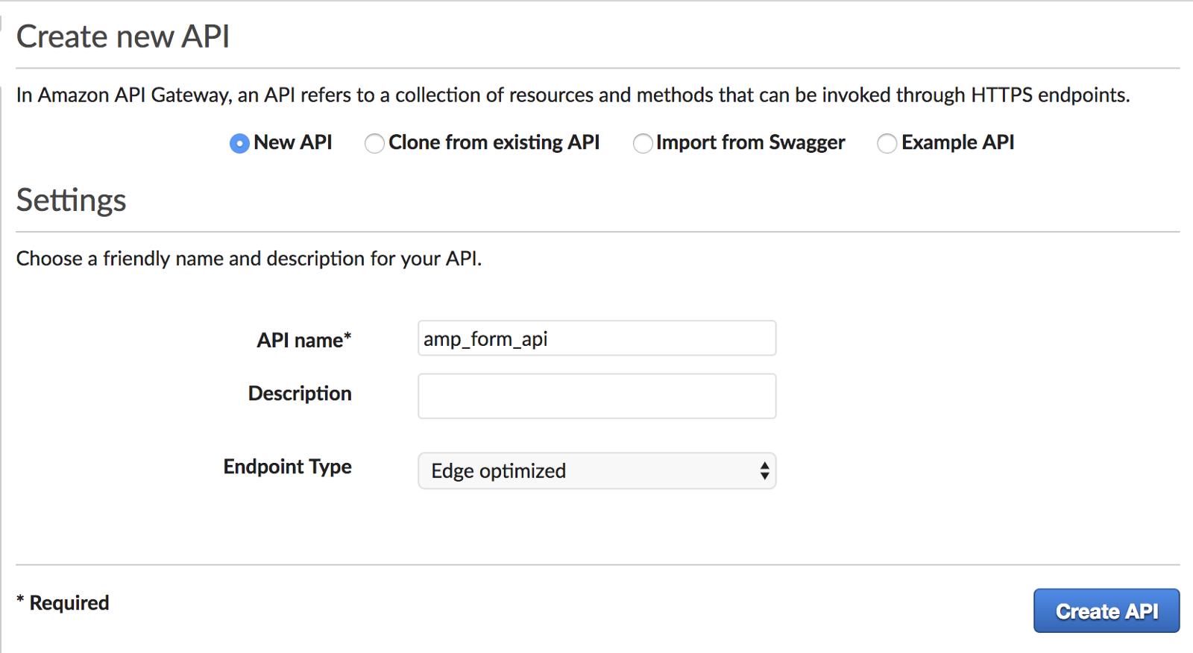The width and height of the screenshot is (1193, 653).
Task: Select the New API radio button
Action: [x=239, y=143]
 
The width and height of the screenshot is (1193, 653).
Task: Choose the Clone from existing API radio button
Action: [x=374, y=143]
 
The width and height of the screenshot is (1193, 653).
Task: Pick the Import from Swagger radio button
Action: [x=642, y=143]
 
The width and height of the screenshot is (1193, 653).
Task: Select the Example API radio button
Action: [x=887, y=143]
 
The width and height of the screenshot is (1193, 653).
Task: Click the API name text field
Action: [x=596, y=338]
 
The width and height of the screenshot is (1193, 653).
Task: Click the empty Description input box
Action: [x=596, y=396]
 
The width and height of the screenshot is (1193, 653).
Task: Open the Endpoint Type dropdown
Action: [x=596, y=471]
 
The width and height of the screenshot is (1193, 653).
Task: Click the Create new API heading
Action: [x=123, y=37]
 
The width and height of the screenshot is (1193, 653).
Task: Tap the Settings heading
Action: [x=72, y=200]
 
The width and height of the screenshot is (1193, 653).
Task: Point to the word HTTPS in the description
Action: [x=1001, y=95]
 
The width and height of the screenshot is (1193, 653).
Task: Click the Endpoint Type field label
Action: [x=287, y=467]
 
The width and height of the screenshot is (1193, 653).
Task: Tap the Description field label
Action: [x=300, y=394]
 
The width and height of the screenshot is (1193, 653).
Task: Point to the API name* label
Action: [x=303, y=340]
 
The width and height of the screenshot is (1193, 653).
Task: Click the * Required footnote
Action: [x=63, y=602]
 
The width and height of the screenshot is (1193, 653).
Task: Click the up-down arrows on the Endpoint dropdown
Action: [x=764, y=471]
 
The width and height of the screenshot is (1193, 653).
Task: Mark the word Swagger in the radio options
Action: [x=807, y=143]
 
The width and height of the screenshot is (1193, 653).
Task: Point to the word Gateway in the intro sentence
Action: [x=191, y=95]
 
